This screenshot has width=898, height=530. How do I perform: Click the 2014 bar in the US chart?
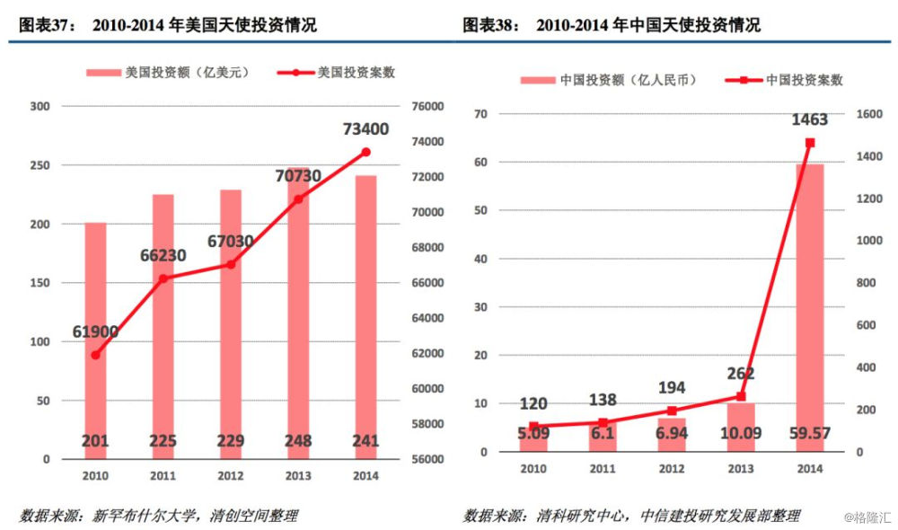[365, 314]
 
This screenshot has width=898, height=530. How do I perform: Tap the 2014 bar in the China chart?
[809, 305]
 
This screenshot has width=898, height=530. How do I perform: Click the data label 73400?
[365, 129]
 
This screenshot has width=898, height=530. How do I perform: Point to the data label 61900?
[95, 332]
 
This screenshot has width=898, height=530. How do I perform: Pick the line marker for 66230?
[163, 278]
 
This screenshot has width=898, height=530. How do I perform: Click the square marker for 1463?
[810, 143]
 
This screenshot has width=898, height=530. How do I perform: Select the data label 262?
[741, 374]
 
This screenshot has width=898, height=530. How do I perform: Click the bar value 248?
[298, 441]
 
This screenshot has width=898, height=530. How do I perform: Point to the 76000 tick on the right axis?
[427, 107]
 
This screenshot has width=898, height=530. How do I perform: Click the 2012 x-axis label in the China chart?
[671, 469]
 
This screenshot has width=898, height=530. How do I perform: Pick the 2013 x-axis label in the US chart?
[298, 475]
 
